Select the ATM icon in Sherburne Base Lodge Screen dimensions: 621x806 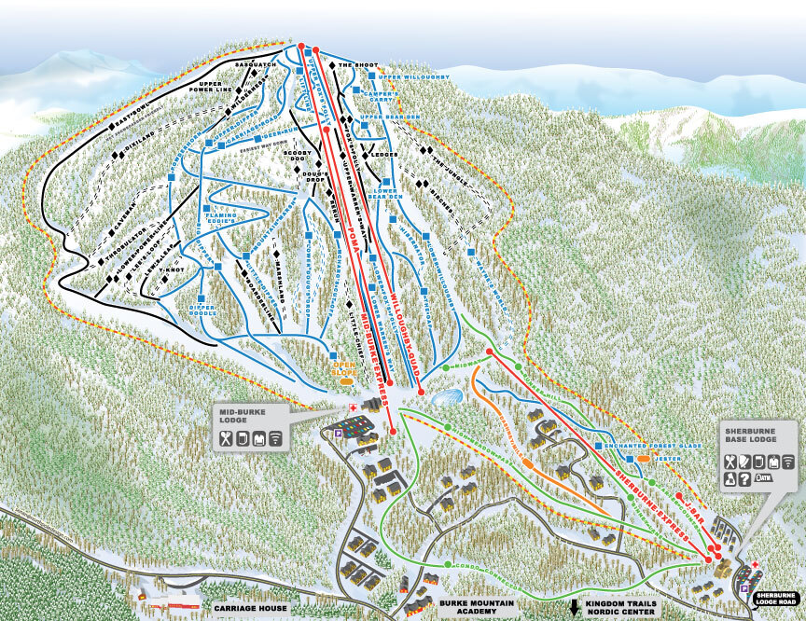coord(764,477)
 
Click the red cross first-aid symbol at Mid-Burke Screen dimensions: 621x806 coord(353,408)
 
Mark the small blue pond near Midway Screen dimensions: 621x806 coord(447,398)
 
